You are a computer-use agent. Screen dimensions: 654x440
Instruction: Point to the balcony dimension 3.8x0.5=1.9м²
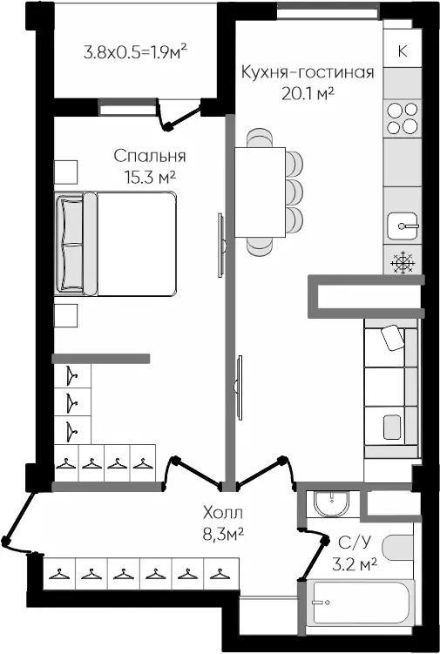pyautogui.click(x=136, y=51)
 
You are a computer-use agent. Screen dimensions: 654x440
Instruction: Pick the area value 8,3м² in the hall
pyautogui.click(x=218, y=533)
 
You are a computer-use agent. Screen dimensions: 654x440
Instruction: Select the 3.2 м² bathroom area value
pyautogui.click(x=355, y=563)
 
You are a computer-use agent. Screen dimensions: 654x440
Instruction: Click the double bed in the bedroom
pyautogui.click(x=116, y=244)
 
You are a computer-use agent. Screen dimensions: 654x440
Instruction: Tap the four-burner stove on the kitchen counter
pyautogui.click(x=402, y=118)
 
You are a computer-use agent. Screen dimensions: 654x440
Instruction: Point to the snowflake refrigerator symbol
pyautogui.click(x=402, y=261)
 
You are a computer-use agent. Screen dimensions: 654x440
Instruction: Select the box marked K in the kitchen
pyautogui.click(x=402, y=51)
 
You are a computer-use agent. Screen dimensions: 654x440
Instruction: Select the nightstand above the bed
pyautogui.click(x=65, y=171)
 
